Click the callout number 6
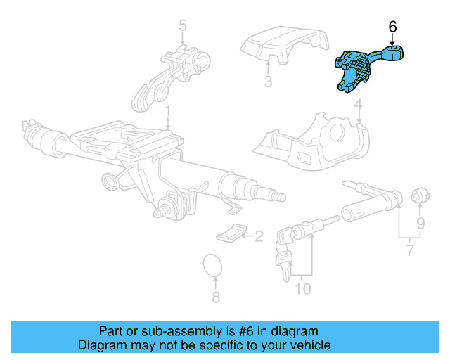[392, 27]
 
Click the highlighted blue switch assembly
[359, 68]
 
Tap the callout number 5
[183, 27]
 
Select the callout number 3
[268, 82]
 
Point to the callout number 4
[358, 107]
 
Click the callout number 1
[168, 111]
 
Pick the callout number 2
[258, 236]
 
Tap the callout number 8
[216, 297]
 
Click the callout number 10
[302, 288]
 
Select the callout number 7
[410, 250]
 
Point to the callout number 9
[420, 224]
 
